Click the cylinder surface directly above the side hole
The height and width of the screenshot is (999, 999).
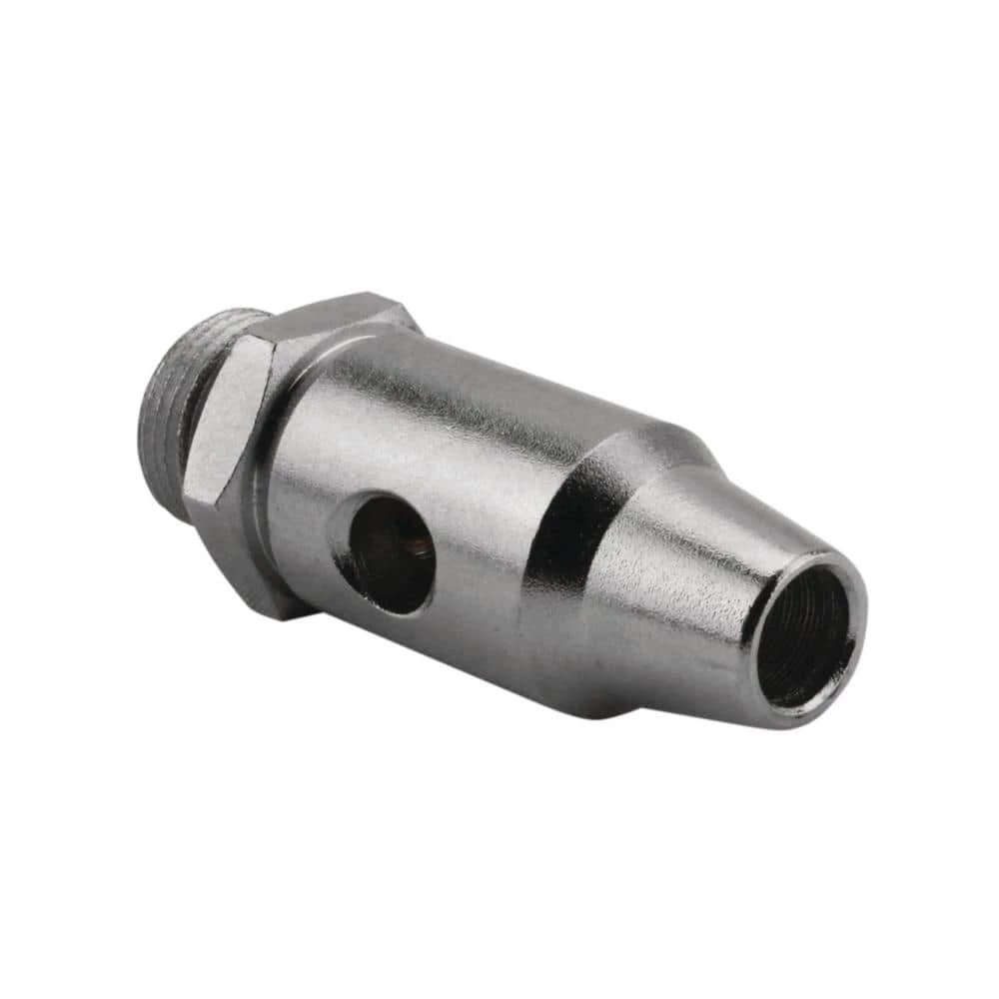point(400,440)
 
